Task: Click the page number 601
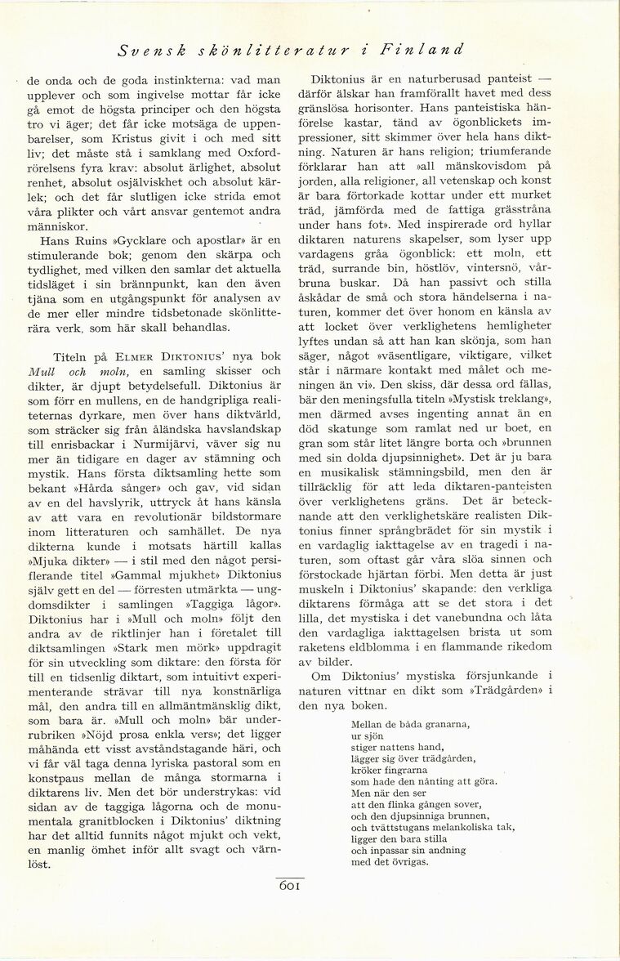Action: pos(292,886)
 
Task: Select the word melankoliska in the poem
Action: pos(471,826)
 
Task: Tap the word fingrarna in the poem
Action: pos(401,770)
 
